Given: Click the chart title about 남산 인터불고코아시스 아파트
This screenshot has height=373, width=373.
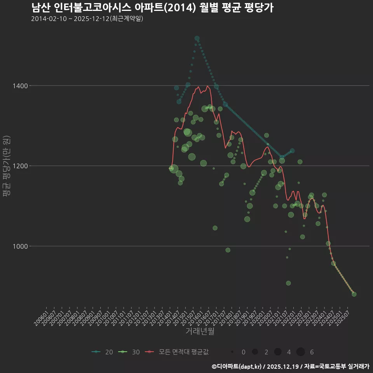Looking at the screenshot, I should click(x=152, y=8).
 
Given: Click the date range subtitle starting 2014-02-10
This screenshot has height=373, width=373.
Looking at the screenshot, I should click(x=87, y=19).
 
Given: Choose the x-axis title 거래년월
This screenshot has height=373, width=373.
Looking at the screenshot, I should click(x=200, y=331).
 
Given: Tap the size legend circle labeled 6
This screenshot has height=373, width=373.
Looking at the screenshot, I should click(x=300, y=352).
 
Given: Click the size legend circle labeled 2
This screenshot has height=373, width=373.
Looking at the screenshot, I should click(x=255, y=352).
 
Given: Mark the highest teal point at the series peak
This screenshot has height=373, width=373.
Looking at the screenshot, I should click(x=197, y=38).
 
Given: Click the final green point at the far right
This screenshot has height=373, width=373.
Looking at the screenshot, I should click(x=354, y=294).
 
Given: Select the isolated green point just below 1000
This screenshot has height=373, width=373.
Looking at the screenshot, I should click(x=228, y=250).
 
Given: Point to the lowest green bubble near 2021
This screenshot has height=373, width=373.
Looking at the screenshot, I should click(x=288, y=283).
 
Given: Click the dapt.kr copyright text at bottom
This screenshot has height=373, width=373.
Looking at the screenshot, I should click(x=290, y=366).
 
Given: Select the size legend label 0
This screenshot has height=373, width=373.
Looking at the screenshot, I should click(x=243, y=352).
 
